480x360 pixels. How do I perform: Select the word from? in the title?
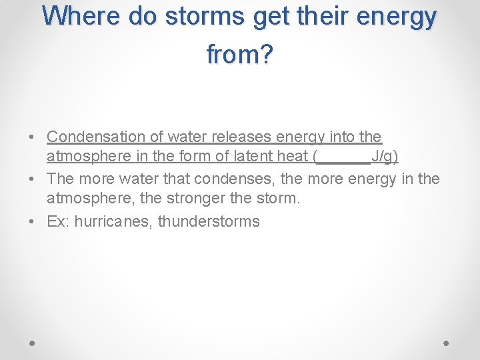click(240, 55)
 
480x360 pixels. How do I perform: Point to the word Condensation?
click(95, 137)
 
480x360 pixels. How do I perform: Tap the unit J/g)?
click(385, 157)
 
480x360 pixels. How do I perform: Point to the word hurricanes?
click(113, 221)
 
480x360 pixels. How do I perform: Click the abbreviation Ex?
click(58, 221)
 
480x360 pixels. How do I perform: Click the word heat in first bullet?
click(291, 157)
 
